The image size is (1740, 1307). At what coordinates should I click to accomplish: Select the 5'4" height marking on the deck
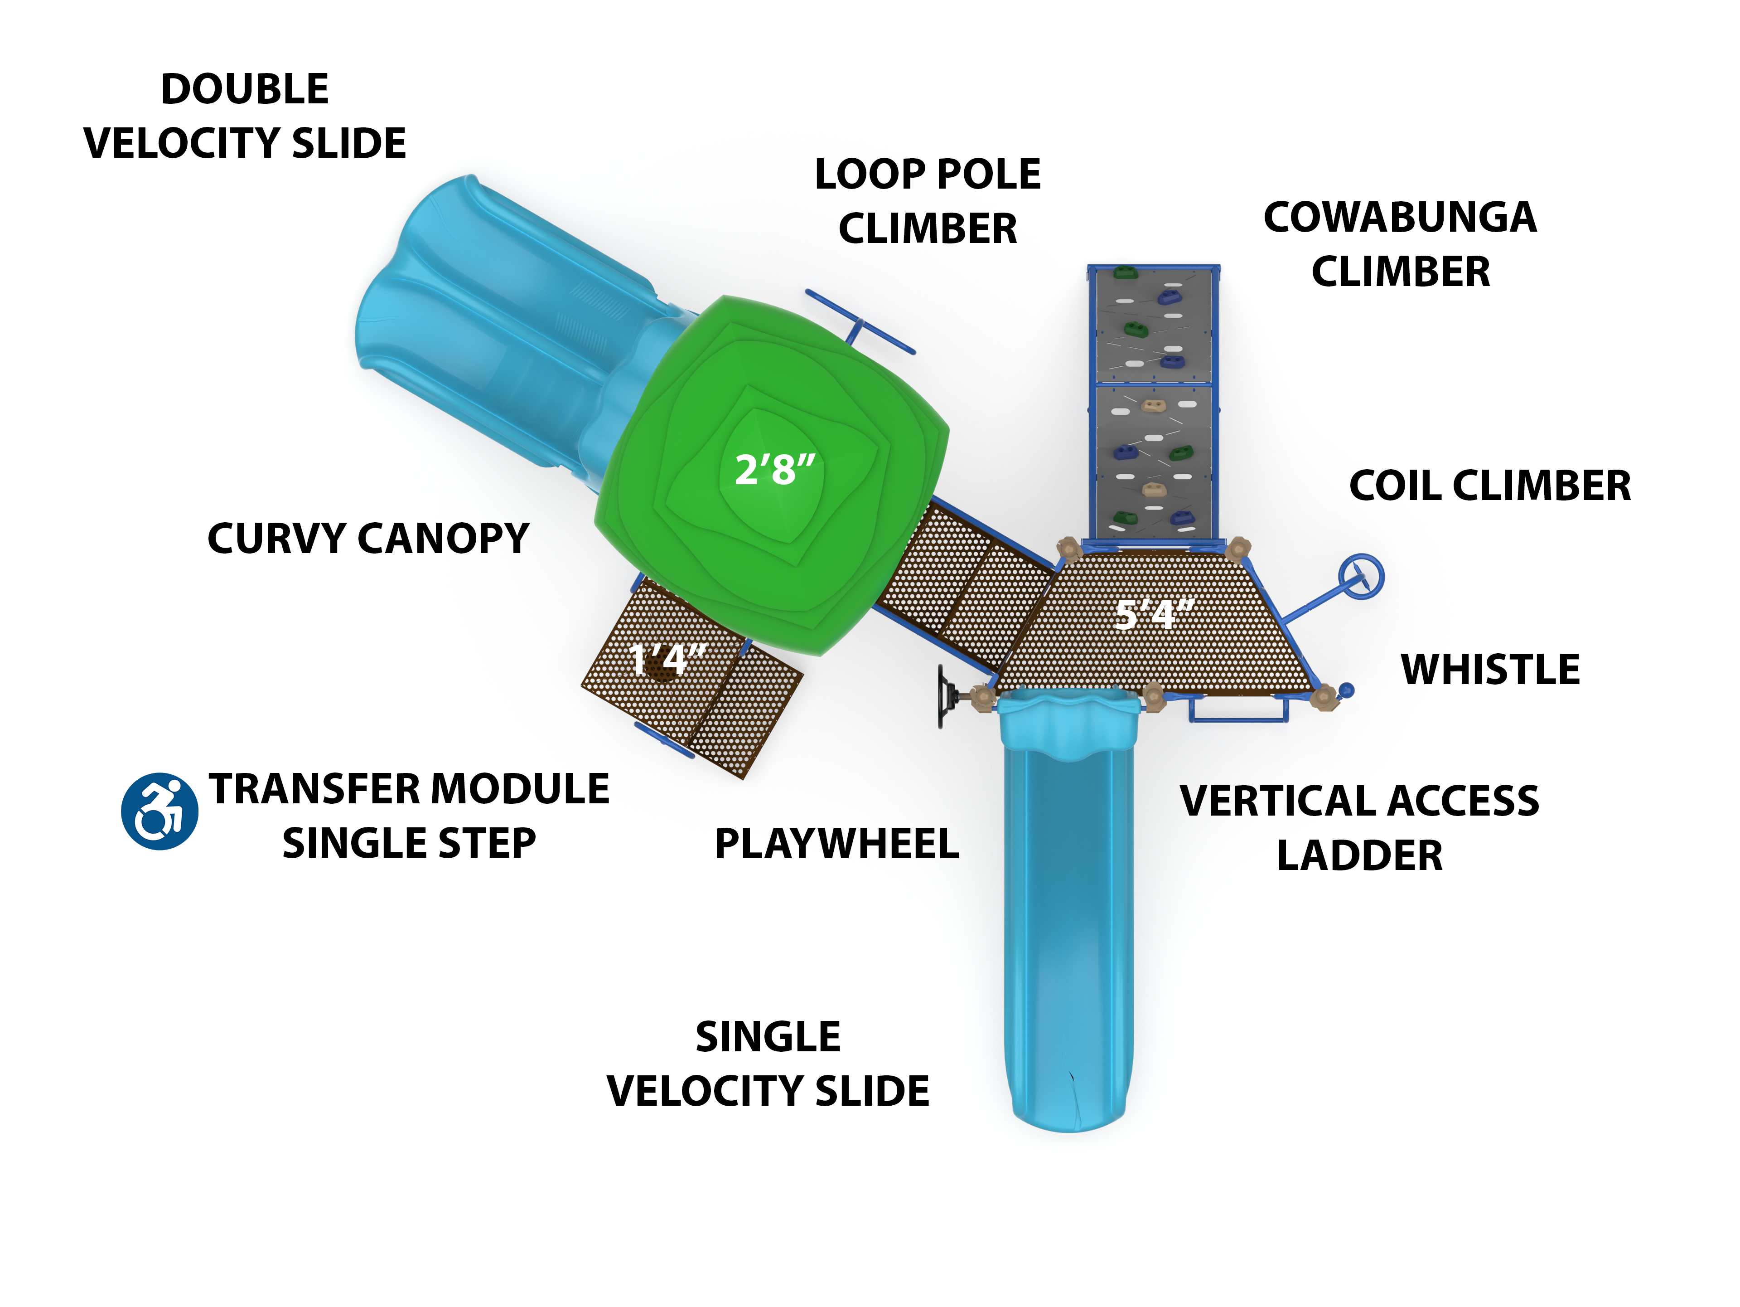click(x=1155, y=614)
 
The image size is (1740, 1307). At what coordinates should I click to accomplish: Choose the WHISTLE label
click(x=1490, y=670)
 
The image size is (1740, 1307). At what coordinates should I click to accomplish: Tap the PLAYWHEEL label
click(x=836, y=844)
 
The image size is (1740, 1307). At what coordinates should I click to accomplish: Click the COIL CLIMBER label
click(x=1490, y=486)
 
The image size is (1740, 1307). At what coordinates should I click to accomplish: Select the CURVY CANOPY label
click(x=368, y=539)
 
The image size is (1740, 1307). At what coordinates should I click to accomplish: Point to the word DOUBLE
click(x=245, y=89)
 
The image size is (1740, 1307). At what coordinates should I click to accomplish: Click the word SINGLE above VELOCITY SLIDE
click(x=768, y=1037)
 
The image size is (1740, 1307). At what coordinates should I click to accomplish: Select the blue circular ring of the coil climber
click(x=1361, y=577)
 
